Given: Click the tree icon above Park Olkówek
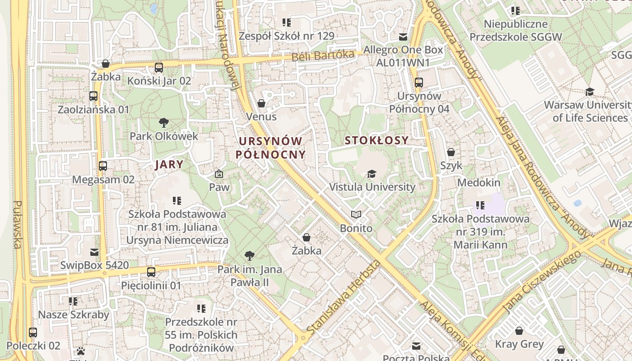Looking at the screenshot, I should coord(164,122).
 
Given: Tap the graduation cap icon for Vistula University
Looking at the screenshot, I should coord(372,174).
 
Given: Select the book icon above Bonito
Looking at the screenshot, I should coord(356,214).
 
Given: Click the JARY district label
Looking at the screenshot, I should coord(169,164).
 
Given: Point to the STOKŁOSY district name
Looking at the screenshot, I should coord(376,140).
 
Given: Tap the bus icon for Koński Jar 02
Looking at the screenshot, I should coord(159,68).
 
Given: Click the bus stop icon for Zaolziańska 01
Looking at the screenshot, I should coord(93,96).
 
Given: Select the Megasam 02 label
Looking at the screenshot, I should coord(103,180).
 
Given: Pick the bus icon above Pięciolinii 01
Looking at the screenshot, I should coord(151,272).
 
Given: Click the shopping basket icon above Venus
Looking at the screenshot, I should coord(261,104).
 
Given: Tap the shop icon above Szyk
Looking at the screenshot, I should coord(451,152).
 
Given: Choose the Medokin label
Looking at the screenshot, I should coord(479,183).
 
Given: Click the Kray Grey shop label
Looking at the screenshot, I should coord(519,344).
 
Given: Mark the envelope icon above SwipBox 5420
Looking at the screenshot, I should coord(94,252).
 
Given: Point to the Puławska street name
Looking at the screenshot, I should coord(18,224).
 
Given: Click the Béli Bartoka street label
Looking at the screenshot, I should coord(323,56).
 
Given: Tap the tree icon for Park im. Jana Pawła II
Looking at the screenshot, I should coord(249,256).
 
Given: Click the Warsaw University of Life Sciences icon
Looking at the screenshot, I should coord(590,92).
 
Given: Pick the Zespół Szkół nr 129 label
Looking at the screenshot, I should coord(287,36).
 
